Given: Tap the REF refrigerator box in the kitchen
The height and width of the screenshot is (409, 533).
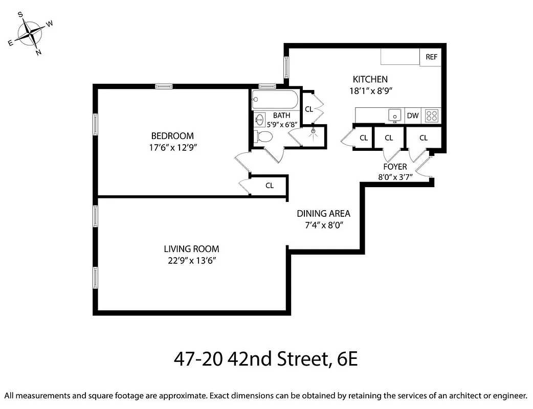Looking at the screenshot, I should tap(431, 57).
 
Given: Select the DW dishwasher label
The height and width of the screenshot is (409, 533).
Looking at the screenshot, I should tap(413, 116).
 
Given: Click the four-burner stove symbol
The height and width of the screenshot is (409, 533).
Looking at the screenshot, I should tap(432, 116).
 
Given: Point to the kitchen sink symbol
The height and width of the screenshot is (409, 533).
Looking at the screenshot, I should tap(394, 115).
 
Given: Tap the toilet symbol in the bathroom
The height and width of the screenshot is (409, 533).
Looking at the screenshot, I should tap(263, 137).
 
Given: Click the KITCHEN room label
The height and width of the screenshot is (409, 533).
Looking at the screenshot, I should tap(370, 79).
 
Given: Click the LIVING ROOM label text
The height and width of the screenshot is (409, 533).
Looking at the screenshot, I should tap(191, 249).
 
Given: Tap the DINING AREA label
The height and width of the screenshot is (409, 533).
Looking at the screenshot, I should tap(323, 214).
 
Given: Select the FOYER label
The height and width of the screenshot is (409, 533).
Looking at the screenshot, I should tap(395, 167).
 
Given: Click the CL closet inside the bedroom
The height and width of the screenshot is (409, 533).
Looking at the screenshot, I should tap(270, 186).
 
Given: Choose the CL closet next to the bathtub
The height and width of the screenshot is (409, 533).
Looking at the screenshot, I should tap(309, 109).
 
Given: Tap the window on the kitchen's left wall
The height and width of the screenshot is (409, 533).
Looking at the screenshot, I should tap(286, 66).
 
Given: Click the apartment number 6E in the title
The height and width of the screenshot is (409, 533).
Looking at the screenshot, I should tap(347, 359).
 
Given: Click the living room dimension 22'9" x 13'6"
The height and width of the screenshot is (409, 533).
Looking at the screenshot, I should tap(191, 260).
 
